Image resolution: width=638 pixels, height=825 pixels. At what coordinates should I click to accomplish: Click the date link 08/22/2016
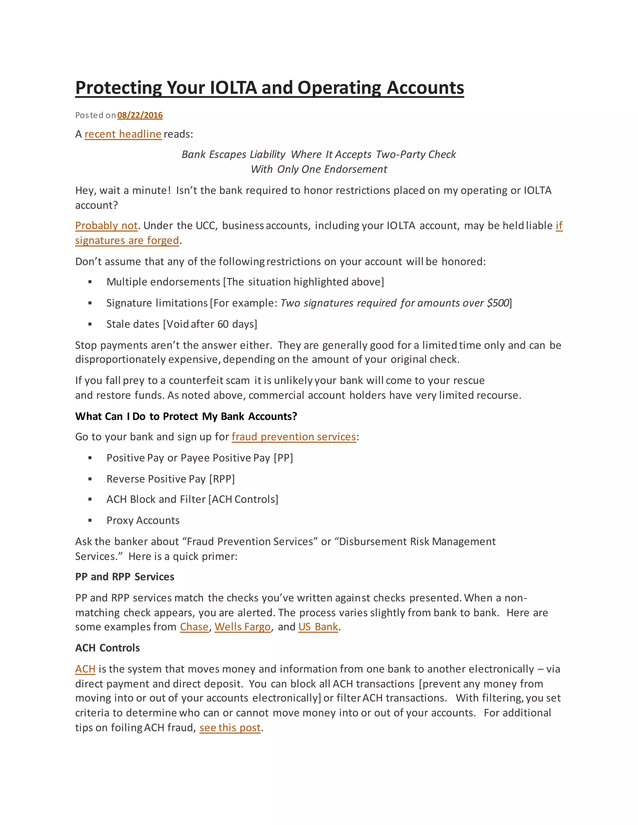pos(140,115)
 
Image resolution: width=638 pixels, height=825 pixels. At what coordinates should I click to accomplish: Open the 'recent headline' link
pos(123,134)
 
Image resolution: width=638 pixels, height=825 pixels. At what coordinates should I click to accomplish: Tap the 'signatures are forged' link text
pos(127,241)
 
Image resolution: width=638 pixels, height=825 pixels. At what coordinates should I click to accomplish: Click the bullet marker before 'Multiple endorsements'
pos(90,282)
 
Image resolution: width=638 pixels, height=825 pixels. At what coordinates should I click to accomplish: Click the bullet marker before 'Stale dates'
pos(90,324)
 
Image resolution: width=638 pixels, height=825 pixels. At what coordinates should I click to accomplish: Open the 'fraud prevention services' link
pos(294,437)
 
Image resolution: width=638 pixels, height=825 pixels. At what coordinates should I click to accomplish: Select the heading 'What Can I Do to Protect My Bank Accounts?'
pos(186,416)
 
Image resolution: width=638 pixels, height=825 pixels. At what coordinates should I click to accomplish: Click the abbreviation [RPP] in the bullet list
pos(222,479)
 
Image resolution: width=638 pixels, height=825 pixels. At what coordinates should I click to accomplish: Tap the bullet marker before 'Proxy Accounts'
pos(90,521)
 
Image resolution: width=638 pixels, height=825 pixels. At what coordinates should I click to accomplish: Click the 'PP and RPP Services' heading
pos(125,577)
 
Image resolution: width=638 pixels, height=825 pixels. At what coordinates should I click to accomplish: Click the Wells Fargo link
pos(243,627)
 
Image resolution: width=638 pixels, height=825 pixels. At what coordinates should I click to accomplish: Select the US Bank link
pos(318,627)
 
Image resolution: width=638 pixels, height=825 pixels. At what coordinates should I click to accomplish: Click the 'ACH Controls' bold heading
pos(107,648)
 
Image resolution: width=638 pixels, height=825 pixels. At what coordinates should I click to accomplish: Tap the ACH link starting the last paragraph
pos(85,669)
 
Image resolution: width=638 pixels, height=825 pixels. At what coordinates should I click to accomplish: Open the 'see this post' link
pos(230,728)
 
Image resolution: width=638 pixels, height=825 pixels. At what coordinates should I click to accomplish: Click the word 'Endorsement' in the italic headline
pos(355,169)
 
